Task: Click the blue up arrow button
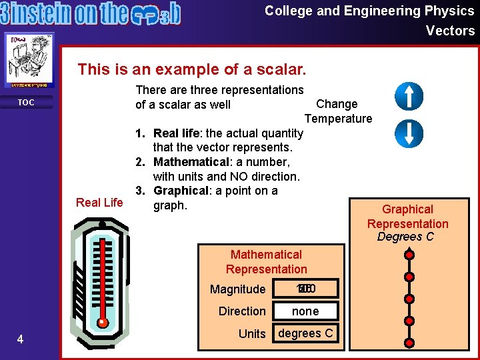pos(409,96)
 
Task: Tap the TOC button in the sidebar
pos(26,103)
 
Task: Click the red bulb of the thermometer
pos(102,323)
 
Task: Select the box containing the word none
pos(306,311)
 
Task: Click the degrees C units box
pos(306,333)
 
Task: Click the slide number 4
pos(20,340)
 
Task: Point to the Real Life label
pos(99,202)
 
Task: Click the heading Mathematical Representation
pos(266,262)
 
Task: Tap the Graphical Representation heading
pos(407,217)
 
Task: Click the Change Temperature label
pos(338,111)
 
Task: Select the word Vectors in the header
pos(450,31)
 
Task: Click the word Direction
pos(242,311)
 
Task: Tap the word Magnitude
pos(237,289)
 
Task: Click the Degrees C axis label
pos(405,237)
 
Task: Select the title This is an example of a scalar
pos(192,69)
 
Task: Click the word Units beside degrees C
pos(252,334)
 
